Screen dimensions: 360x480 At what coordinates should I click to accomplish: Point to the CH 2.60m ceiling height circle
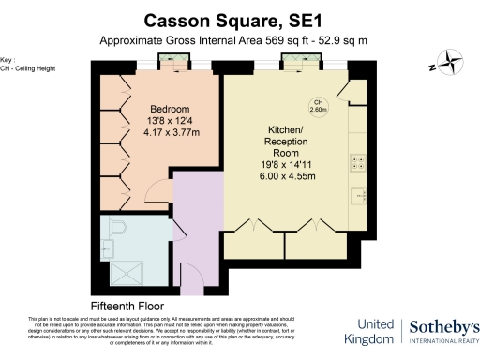[318, 106]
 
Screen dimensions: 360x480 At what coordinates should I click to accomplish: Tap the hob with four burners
[357, 162]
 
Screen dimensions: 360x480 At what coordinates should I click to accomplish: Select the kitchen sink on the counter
[357, 197]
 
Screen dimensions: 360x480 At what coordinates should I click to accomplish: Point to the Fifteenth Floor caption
[127, 306]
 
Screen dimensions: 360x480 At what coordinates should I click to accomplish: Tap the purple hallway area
[199, 225]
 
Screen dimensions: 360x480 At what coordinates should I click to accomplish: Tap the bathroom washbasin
[106, 247]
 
